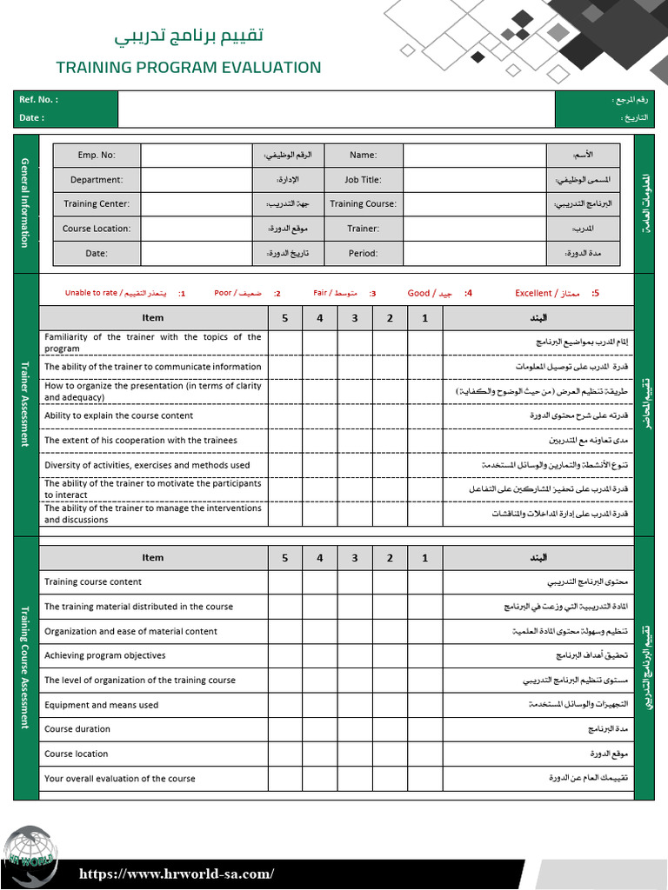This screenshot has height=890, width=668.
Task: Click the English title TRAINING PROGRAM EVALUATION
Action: tap(188, 67)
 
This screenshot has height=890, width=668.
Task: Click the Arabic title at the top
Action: tap(190, 37)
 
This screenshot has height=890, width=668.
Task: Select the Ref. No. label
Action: tap(38, 100)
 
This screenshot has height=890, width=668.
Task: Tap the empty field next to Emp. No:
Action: tap(197, 155)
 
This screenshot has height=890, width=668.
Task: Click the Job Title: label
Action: tap(363, 180)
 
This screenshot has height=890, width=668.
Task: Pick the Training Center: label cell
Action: tap(97, 204)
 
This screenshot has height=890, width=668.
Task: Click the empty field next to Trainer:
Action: tap(474, 229)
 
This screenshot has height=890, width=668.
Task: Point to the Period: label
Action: tap(363, 254)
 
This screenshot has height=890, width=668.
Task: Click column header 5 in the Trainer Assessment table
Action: tap(285, 318)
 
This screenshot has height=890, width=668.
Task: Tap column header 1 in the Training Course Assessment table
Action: tap(424, 558)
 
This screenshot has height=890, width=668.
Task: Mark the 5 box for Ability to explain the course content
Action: tap(285, 415)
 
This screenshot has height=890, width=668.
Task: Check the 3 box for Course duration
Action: tap(355, 729)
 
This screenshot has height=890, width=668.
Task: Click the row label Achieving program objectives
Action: tap(104, 656)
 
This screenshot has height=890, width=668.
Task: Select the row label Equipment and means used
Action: tap(101, 705)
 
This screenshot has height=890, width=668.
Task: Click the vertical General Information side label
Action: tap(25, 203)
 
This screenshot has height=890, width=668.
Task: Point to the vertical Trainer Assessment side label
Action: tap(25, 404)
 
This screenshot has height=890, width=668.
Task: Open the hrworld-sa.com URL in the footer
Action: tap(177, 874)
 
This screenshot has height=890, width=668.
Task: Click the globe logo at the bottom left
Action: tap(28, 856)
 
